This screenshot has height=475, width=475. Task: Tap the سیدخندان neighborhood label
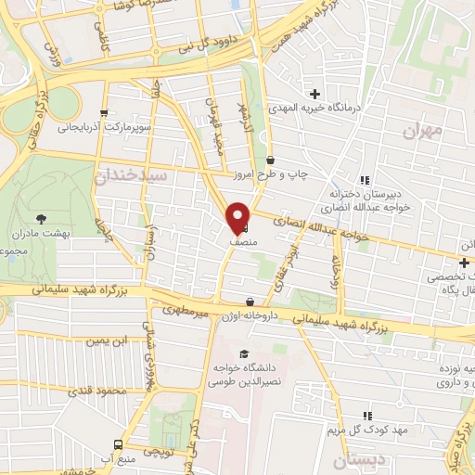point(135,175)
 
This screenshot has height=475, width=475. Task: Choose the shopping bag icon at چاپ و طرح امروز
point(269,159)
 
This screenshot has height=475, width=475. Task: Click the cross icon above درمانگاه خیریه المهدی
point(315,93)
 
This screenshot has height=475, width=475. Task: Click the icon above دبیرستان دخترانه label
point(366,180)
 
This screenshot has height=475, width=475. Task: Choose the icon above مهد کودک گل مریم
point(366,417)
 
